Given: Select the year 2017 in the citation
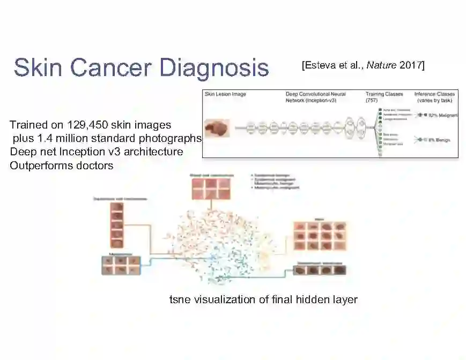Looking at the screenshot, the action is point(411,65).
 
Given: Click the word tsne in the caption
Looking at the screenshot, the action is point(179,299).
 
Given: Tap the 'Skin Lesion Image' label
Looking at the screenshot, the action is point(226,94).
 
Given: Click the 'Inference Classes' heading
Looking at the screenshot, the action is point(435,94).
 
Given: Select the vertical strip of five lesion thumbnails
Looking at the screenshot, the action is point(117,225).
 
